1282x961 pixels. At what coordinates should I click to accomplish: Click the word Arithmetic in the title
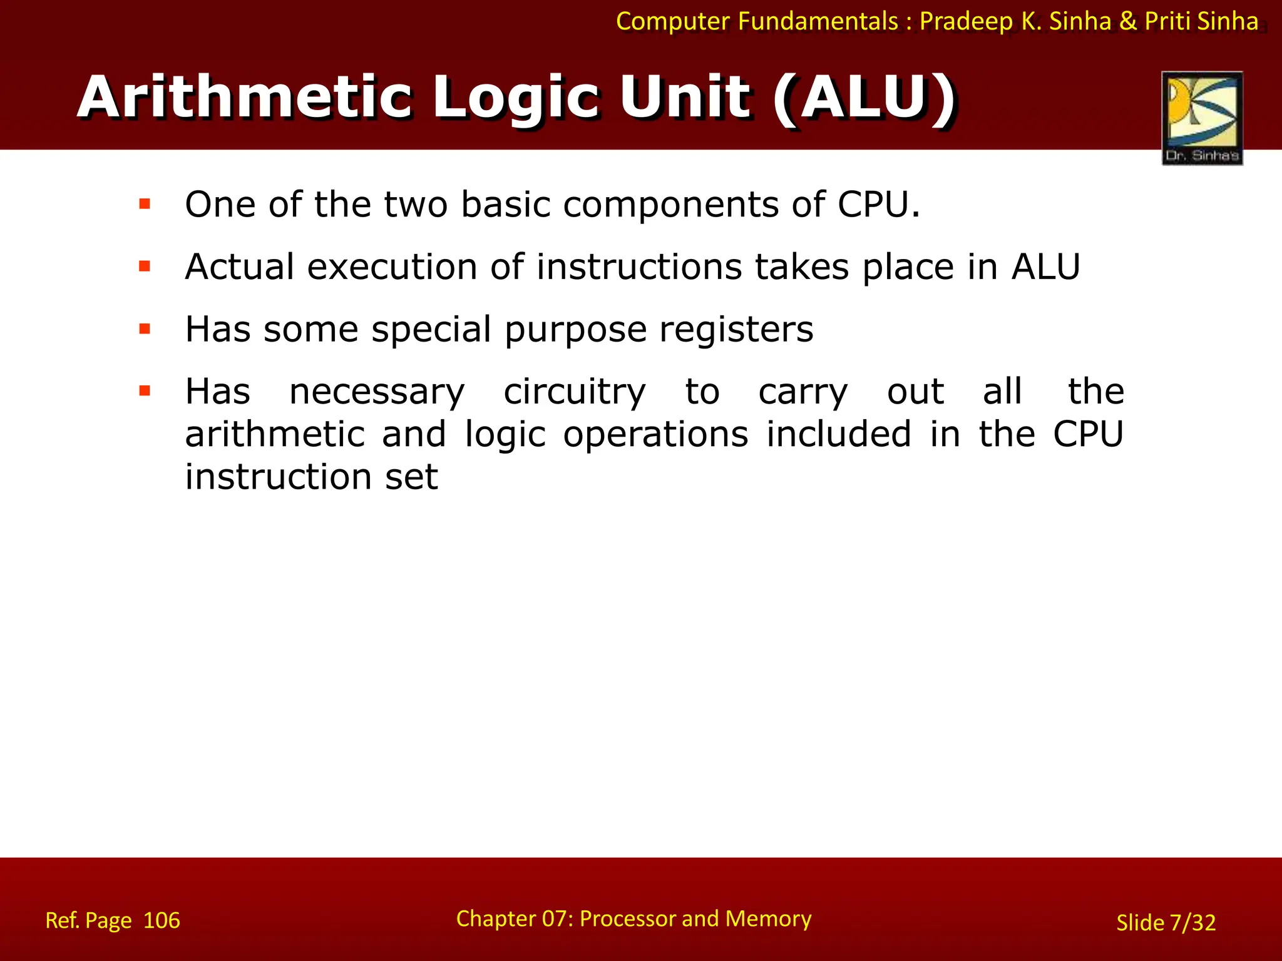click(x=244, y=98)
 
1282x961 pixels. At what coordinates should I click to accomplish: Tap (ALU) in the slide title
click(x=864, y=98)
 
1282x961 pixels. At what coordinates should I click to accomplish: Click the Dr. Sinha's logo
click(x=1202, y=118)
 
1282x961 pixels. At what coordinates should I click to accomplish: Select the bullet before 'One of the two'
click(x=145, y=204)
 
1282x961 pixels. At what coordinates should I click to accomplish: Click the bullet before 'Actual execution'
click(x=145, y=267)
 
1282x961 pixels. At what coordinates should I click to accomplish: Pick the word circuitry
click(x=574, y=393)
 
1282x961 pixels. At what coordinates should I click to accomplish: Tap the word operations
click(x=655, y=434)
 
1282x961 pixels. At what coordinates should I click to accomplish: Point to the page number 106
click(x=162, y=920)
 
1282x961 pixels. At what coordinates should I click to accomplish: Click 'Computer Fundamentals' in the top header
click(x=757, y=21)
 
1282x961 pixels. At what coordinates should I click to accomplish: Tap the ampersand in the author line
click(x=1127, y=21)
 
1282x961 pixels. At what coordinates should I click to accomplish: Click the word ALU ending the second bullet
click(x=1046, y=267)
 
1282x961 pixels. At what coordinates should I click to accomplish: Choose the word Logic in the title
click(x=516, y=98)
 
